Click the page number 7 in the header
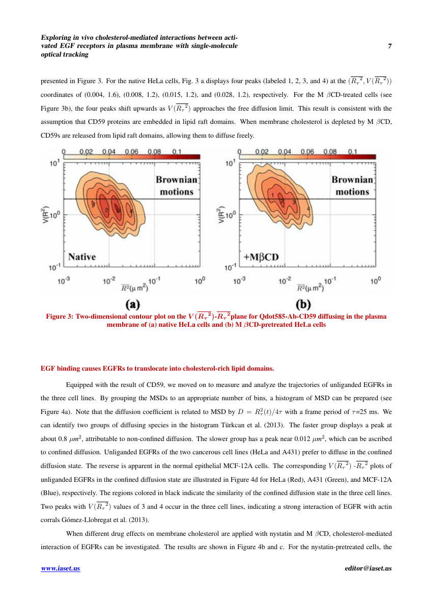coord(390,46)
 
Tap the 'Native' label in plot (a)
coord(82,257)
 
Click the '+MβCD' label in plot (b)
coord(261,257)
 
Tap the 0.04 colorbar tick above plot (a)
coord(108,152)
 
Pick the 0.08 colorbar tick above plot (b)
coord(329,152)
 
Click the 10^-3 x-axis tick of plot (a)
coord(64,280)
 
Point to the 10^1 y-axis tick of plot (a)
coord(55,164)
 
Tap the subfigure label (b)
coord(304,304)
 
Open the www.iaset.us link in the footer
coord(60,568)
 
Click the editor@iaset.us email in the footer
coord(368,568)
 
